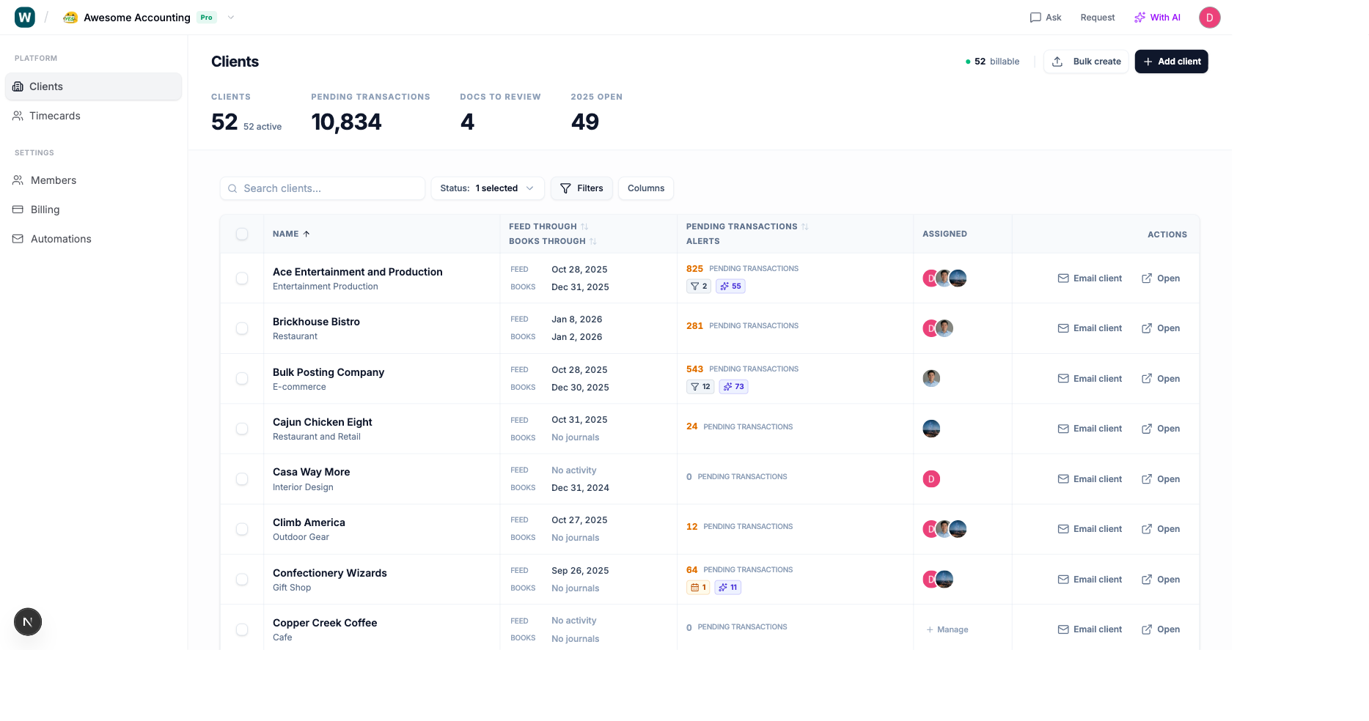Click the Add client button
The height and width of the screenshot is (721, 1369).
(1171, 62)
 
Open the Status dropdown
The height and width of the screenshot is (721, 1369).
(487, 188)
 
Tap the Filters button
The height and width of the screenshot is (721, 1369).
(581, 188)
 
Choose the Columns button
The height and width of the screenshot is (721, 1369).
(645, 188)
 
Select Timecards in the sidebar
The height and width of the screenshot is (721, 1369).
(55, 116)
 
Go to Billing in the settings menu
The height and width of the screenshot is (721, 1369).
(45, 210)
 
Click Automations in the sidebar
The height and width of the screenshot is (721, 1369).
(61, 239)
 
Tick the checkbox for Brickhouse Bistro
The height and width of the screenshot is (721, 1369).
(242, 328)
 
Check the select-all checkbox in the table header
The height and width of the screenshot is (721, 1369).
(242, 234)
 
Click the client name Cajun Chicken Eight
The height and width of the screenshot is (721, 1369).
(323, 422)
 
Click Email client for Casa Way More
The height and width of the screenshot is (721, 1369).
(1090, 479)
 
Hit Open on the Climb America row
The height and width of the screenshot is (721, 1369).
(1161, 529)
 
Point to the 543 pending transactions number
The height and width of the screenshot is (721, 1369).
(694, 369)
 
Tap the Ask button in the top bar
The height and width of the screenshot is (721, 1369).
(1046, 18)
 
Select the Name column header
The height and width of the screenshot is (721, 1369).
(286, 234)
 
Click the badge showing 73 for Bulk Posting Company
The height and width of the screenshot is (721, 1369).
(733, 387)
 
